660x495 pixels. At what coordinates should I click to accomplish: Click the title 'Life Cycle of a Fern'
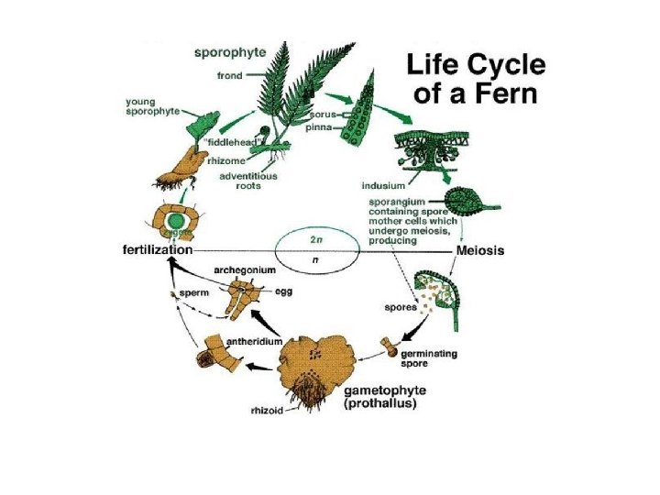point(475,79)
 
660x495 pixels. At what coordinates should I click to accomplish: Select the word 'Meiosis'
point(480,249)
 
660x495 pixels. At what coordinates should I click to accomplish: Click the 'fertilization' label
point(158,249)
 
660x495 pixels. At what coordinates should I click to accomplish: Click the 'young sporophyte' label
point(151,107)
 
